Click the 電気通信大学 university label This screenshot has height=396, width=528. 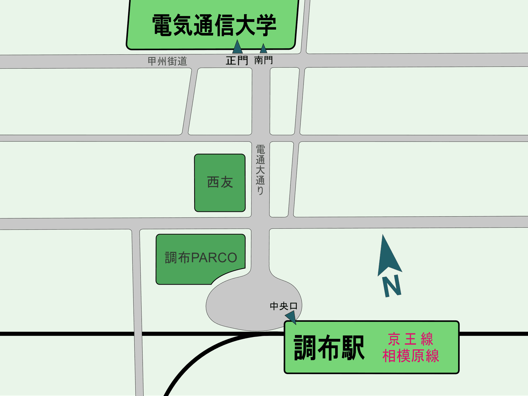click(214, 25)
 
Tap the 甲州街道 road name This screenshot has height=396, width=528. click(167, 62)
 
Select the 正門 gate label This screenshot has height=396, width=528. click(237, 61)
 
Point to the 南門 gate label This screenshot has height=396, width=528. click(263, 60)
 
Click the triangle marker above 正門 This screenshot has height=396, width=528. click(237, 47)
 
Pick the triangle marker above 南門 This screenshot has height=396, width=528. click(263, 49)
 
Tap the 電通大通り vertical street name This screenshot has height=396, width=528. click(260, 169)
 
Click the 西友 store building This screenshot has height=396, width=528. click(220, 183)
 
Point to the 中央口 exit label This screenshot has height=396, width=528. click(284, 306)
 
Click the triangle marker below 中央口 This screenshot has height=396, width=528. click(291, 317)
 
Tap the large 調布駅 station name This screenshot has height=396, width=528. click(329, 348)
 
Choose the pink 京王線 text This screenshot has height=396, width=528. click(410, 339)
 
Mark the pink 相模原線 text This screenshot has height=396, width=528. click(411, 356)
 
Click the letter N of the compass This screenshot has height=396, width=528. click(392, 286)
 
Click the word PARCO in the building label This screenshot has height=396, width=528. click(214, 257)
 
